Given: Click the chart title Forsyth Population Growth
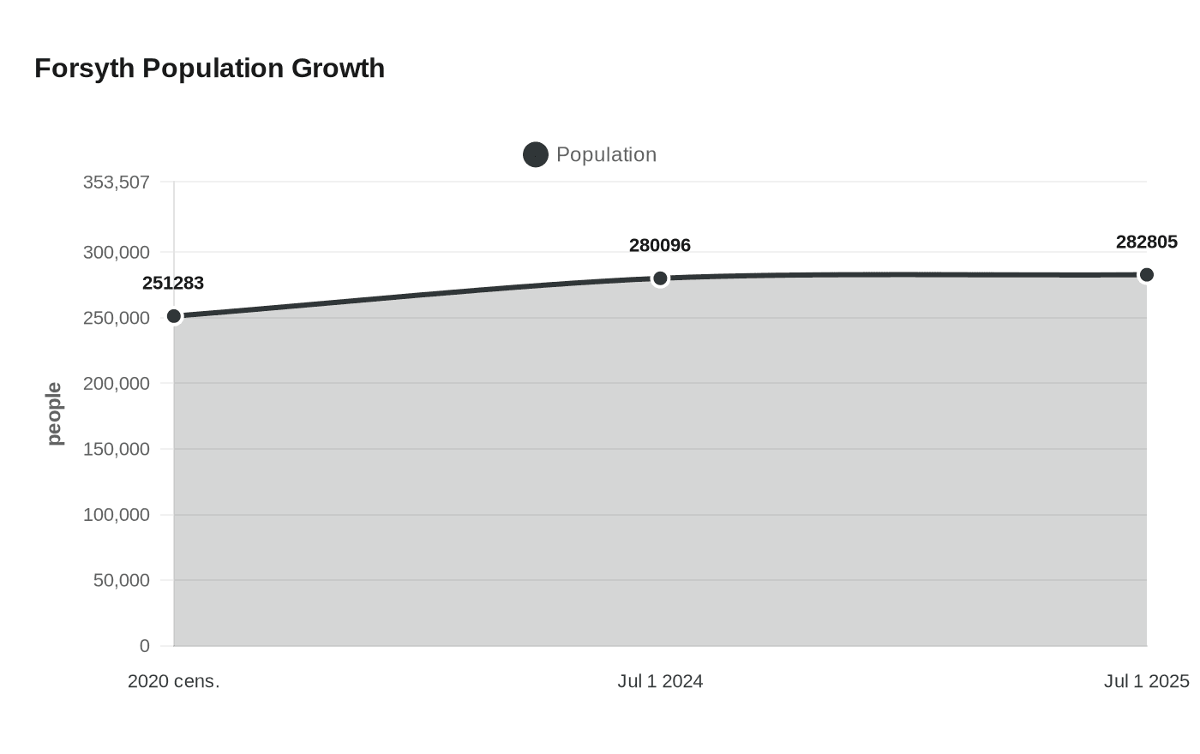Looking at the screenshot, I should [209, 69].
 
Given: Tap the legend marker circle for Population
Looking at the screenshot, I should [536, 155].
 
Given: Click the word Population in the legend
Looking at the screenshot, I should [606, 155].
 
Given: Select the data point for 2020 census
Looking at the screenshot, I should [174, 316].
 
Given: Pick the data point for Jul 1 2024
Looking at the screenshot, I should [660, 278].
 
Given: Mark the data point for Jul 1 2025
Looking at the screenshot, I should [1146, 275].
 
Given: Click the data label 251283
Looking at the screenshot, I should [173, 284].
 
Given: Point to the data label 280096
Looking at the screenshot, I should [660, 246].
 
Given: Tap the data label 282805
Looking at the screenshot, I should [1146, 242].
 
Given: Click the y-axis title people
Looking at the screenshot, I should [55, 414].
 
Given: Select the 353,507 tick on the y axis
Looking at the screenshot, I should [117, 183].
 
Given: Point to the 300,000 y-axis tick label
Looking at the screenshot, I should [117, 253].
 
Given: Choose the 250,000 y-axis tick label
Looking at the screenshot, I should [117, 318].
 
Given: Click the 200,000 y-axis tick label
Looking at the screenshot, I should [117, 384].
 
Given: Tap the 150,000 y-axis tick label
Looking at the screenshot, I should [117, 449].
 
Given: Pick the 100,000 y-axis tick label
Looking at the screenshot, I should [117, 515].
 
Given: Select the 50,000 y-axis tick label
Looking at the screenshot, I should [122, 580].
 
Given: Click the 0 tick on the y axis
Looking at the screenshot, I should [144, 646].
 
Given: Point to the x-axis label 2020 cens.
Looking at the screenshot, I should [174, 682].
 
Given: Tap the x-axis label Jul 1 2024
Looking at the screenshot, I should [660, 682].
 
